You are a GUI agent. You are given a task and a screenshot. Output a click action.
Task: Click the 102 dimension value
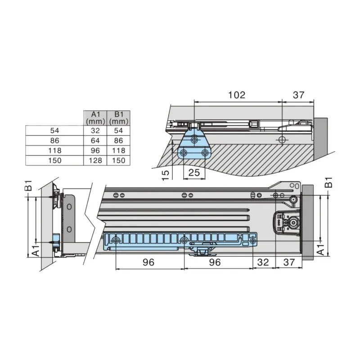(x=237, y=95)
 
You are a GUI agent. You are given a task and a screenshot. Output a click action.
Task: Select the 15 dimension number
(x=166, y=175)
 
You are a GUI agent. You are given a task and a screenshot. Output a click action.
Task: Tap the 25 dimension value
(x=194, y=172)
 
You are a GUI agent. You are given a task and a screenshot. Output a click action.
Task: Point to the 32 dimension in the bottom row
(x=263, y=262)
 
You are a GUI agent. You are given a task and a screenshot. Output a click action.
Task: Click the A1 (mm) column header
(x=95, y=118)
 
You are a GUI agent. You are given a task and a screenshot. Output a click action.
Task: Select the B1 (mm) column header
(x=118, y=118)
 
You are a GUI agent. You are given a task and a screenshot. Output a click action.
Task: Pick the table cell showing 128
(x=95, y=160)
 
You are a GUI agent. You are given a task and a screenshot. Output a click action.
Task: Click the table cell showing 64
(x=95, y=140)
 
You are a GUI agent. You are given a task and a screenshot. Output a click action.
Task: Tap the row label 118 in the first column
(x=54, y=150)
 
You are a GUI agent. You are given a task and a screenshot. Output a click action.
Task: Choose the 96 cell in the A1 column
(x=95, y=150)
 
